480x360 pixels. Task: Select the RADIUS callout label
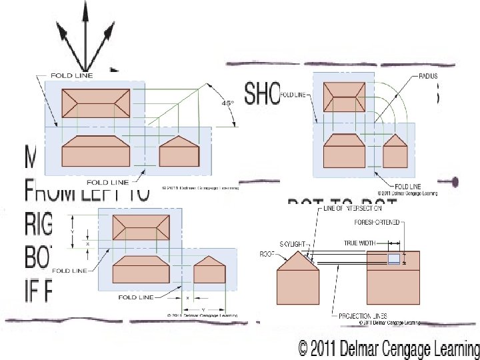tap(427, 77)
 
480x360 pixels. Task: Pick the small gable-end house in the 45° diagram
tap(179, 153)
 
